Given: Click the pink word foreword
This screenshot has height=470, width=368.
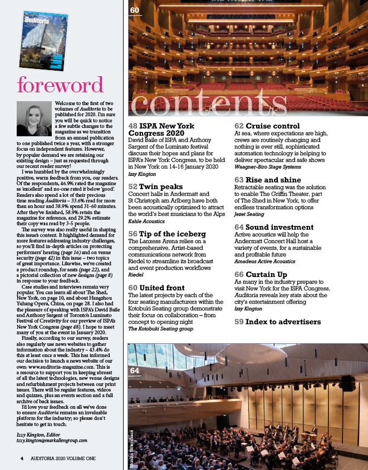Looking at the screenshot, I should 60,85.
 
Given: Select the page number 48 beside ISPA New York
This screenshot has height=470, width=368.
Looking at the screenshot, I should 133,126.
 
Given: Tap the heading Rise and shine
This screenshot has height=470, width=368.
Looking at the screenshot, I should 273,180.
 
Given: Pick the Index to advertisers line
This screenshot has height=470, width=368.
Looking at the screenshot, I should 277,321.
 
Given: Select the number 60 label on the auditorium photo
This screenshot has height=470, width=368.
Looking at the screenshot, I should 135,11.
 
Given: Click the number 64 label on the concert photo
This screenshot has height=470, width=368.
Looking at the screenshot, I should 135,370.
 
